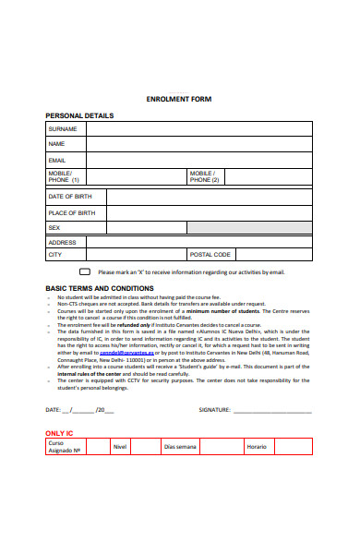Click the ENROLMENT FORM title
coord(179,99)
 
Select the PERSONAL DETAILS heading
coord(79,115)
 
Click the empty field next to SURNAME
coord(199,129)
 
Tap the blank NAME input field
coord(199,144)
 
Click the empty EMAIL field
coord(199,160)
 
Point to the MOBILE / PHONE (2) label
coord(203,176)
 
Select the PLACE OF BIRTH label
coord(72,212)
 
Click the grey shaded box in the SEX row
coord(249,227)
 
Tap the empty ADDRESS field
coord(199,242)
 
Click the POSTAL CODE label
coord(210,254)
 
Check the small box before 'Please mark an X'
coord(84,272)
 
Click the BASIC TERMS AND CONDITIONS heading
coord(100,288)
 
